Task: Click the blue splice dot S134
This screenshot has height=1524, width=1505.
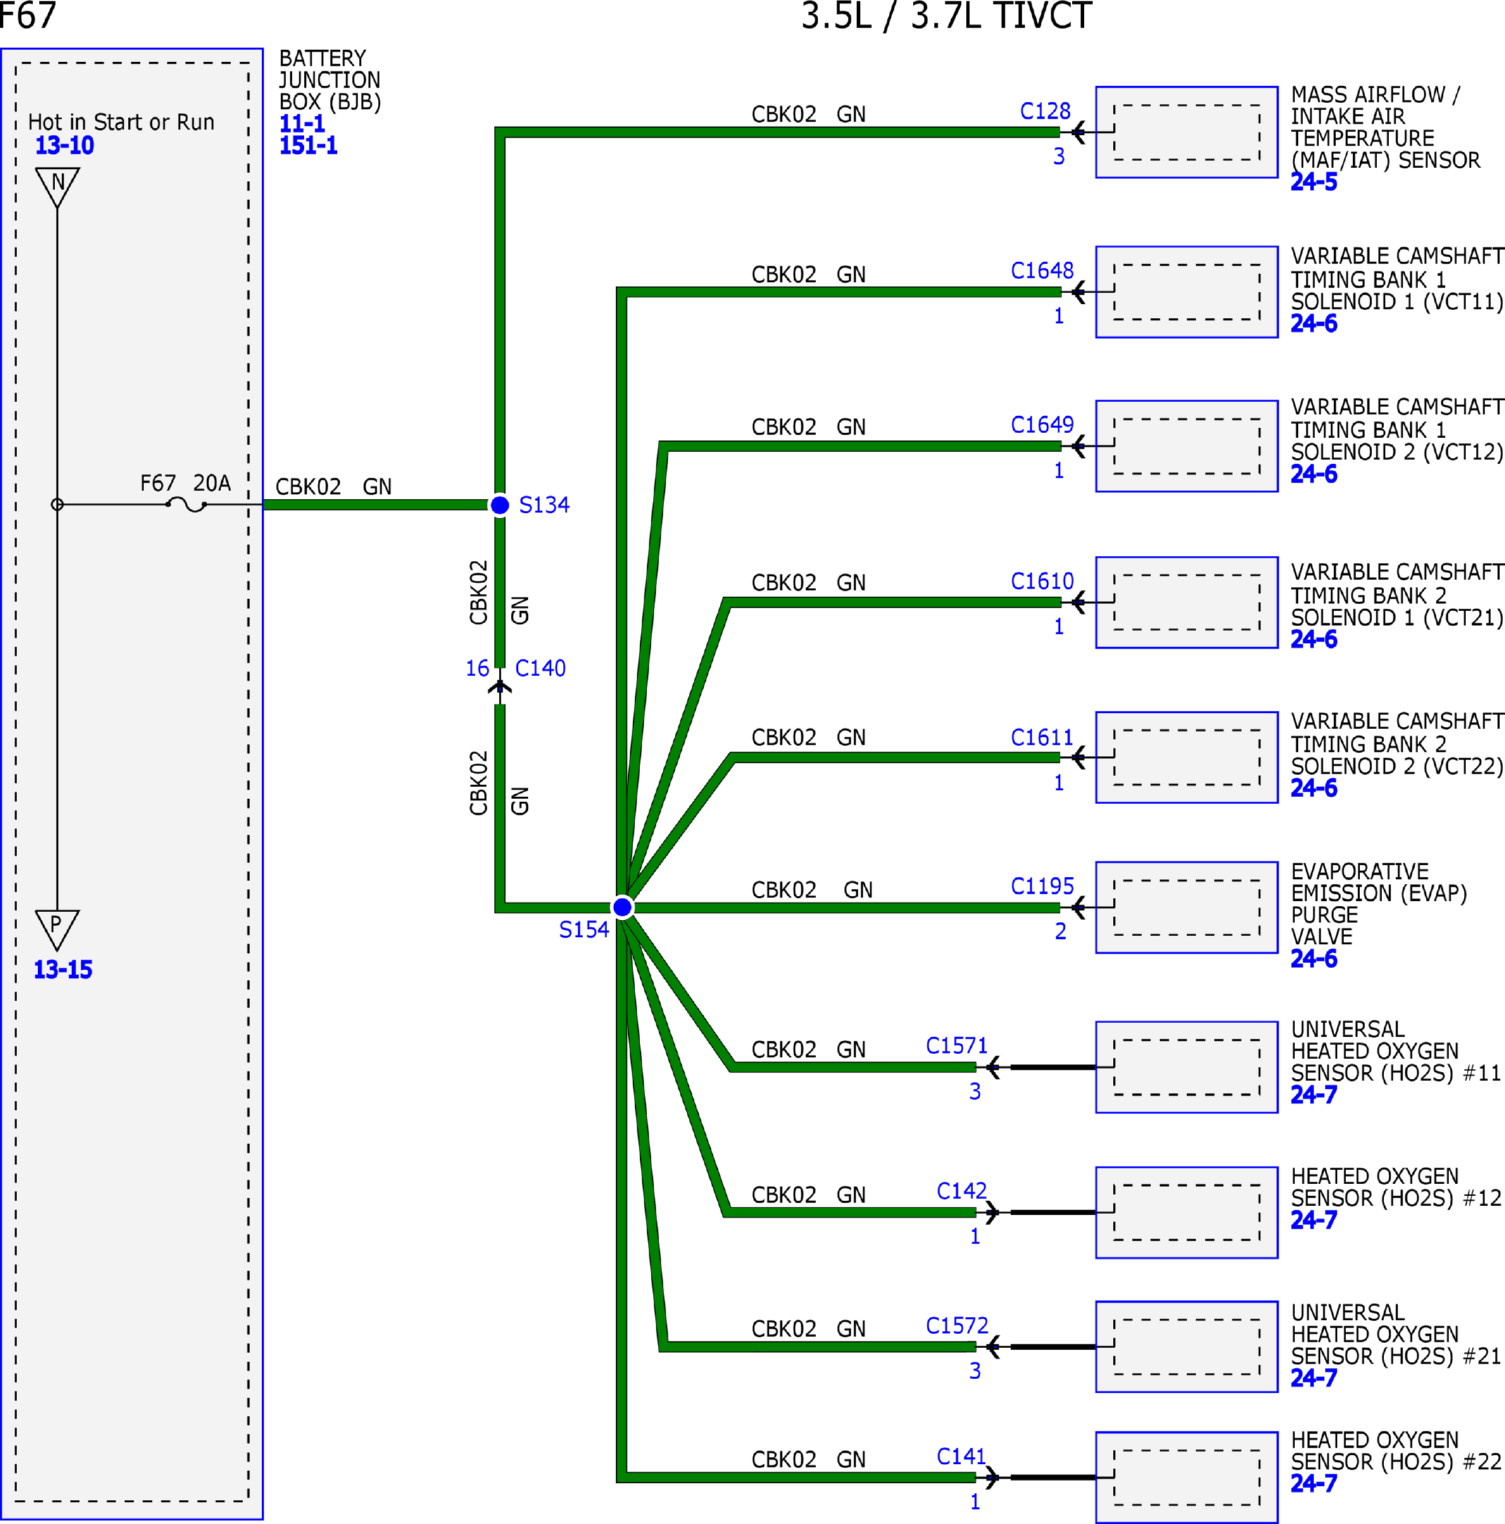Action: click(500, 505)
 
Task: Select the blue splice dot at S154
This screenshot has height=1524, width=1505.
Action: click(622, 907)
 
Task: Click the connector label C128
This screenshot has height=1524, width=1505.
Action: click(1045, 111)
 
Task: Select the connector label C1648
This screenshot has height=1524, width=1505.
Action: click(1042, 271)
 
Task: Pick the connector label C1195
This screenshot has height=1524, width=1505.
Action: click(1042, 887)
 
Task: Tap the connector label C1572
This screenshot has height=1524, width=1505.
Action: click(957, 1326)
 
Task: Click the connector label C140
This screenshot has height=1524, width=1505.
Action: click(541, 669)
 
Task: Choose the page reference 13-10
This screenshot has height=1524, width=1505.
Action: click(65, 146)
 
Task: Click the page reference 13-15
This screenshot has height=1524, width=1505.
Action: click(63, 970)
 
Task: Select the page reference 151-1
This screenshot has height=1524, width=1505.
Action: click(308, 146)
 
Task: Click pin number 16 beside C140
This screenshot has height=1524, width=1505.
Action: click(477, 669)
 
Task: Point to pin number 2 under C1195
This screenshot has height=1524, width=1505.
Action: click(1060, 932)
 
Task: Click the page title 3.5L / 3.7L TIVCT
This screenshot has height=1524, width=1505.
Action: click(947, 16)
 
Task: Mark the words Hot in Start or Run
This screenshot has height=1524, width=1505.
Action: click(122, 122)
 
